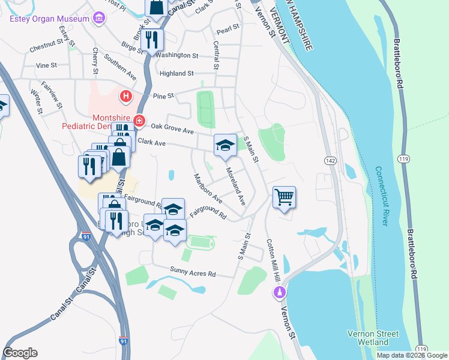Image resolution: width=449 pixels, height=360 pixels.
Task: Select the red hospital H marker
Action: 125,95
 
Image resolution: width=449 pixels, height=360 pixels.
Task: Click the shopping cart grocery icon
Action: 284,196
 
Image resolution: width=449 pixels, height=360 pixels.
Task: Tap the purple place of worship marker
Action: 279,293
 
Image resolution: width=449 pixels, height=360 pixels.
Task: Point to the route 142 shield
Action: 330,161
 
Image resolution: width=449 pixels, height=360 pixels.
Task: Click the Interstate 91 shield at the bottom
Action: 123,340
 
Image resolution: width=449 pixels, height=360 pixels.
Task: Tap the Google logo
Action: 20,353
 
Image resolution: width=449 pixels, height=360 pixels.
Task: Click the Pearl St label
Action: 228,28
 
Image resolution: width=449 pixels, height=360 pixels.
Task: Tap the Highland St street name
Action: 176,73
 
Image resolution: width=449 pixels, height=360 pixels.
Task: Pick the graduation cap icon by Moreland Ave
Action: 225,145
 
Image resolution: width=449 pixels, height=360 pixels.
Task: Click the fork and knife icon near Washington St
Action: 152,40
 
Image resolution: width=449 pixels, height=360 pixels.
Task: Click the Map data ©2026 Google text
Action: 411,355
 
